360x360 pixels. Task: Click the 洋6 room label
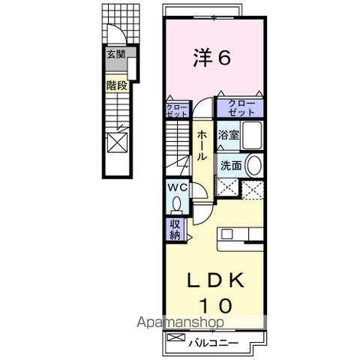(212, 58)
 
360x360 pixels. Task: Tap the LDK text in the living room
(215, 280)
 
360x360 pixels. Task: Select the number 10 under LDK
(216, 305)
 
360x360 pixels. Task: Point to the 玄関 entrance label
(115, 54)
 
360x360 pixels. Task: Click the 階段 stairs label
(117, 85)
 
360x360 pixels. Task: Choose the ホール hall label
(202, 145)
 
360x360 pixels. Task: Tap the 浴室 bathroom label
(229, 135)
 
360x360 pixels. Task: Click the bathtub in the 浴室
(252, 135)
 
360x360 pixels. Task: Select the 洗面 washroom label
(231, 166)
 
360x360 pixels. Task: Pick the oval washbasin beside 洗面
(254, 165)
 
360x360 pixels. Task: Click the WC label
(177, 187)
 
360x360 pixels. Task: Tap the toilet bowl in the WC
(177, 204)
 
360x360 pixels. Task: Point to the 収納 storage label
(175, 229)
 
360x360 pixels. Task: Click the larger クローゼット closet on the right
(240, 108)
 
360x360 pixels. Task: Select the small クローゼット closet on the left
(177, 110)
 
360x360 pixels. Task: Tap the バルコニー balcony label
(213, 343)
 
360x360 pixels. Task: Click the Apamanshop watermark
(180, 322)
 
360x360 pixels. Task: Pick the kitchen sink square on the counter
(227, 234)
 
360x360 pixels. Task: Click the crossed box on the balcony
(176, 337)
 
